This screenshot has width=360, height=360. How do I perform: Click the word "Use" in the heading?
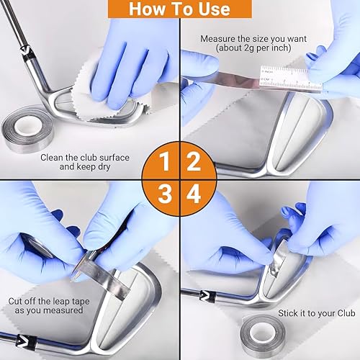pos(210,9)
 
